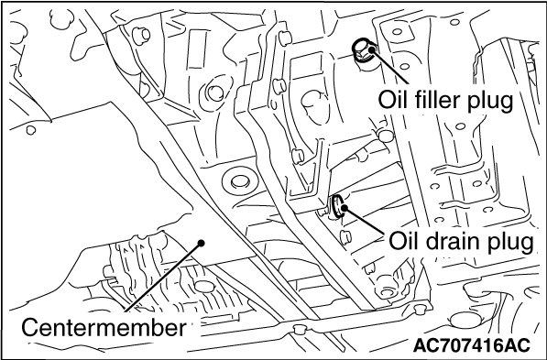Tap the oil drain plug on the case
pos(338,206)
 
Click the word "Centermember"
pos(104,328)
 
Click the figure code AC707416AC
pos(472,345)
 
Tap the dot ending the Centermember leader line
pos(201,243)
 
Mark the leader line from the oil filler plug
pos(389,67)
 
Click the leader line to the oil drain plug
pos(364,220)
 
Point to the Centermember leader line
pos(163,277)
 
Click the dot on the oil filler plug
pos(371,49)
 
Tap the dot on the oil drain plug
pos(344,208)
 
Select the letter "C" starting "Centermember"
pos(30,328)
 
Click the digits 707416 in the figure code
pos(471,345)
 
